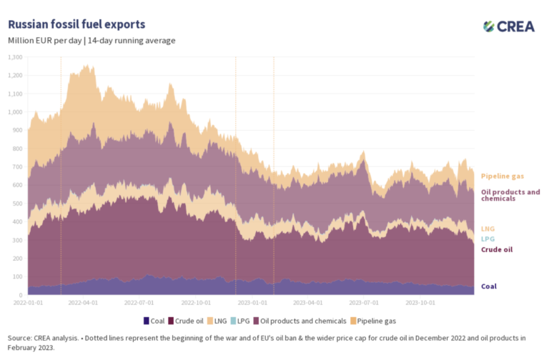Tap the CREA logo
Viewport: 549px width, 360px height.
(508, 26)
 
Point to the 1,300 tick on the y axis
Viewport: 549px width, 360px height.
(15, 57)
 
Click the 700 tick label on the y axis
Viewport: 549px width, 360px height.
(17, 167)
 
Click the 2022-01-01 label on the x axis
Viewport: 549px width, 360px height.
(28, 303)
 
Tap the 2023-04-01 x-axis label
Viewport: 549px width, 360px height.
(306, 303)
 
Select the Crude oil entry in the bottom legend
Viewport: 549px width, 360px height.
(190, 321)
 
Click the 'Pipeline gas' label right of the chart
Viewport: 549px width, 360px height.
(502, 176)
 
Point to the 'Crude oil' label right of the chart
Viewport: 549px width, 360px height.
(497, 250)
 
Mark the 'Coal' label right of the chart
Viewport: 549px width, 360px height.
(489, 286)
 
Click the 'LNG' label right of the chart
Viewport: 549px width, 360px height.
(488, 228)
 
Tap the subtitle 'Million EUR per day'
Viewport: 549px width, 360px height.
(44, 40)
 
